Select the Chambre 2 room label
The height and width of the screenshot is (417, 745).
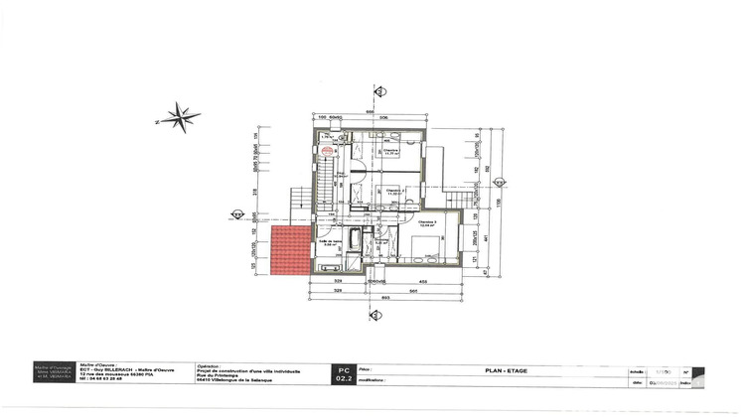(392, 191)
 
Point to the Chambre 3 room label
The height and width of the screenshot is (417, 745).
(428, 223)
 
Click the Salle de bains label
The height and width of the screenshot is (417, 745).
(330, 243)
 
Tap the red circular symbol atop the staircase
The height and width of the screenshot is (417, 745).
(327, 151)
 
